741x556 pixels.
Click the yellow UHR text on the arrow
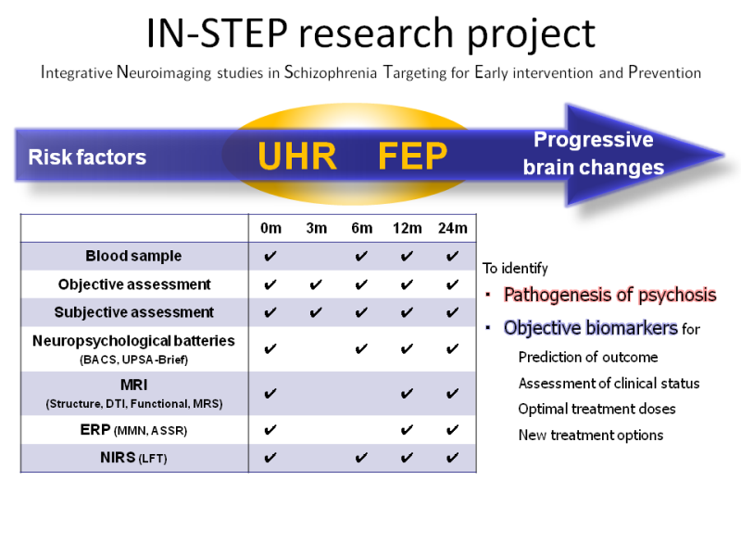pyautogui.click(x=297, y=156)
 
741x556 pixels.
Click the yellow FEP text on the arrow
pyautogui.click(x=412, y=156)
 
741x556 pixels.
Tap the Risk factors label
pyautogui.click(x=87, y=157)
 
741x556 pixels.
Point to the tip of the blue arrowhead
pyautogui.click(x=723, y=154)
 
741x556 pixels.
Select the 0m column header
pyautogui.click(x=270, y=228)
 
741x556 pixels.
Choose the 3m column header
pyautogui.click(x=316, y=228)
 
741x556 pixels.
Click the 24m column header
pyautogui.click(x=452, y=228)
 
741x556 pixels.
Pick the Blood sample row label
pyautogui.click(x=133, y=256)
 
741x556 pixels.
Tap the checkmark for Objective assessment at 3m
pyautogui.click(x=316, y=284)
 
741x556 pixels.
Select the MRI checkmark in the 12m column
pyautogui.click(x=407, y=393)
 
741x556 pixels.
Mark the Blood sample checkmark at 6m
pyautogui.click(x=361, y=257)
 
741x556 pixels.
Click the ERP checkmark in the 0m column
pyautogui.click(x=270, y=430)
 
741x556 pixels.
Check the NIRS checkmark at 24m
pyautogui.click(x=452, y=458)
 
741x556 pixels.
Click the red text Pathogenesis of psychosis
pyautogui.click(x=610, y=295)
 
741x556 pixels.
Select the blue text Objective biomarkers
pyautogui.click(x=591, y=328)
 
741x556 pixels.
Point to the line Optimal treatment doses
pyautogui.click(x=597, y=409)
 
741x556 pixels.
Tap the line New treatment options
pyautogui.click(x=591, y=435)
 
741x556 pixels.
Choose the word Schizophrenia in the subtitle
pyautogui.click(x=331, y=72)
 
